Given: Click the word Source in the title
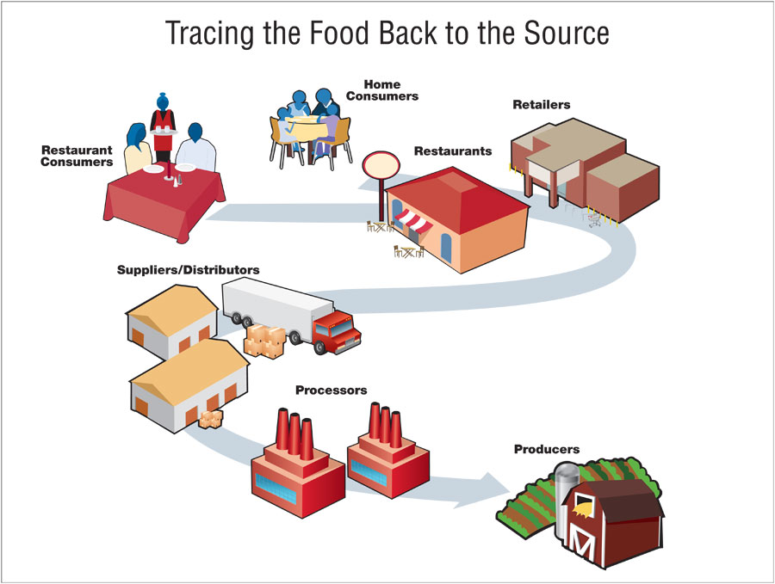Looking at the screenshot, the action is coord(567,33).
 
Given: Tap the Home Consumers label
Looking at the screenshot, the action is coord(382,90).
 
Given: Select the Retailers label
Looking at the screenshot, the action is coord(542,105).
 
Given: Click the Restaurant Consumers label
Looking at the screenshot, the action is coord(77,156).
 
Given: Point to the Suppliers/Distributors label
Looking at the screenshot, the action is coord(189,270).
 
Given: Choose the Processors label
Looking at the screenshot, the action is coord(332,390).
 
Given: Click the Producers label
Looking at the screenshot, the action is coord(547,449).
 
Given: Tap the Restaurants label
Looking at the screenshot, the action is coord(453,151).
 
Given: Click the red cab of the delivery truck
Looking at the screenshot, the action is coord(337,333).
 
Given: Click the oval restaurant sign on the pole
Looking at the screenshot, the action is coord(381,165).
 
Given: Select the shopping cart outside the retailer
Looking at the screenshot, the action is coord(594,218).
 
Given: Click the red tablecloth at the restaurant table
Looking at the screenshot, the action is coord(164,202).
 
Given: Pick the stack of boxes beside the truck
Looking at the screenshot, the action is coord(265,341).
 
